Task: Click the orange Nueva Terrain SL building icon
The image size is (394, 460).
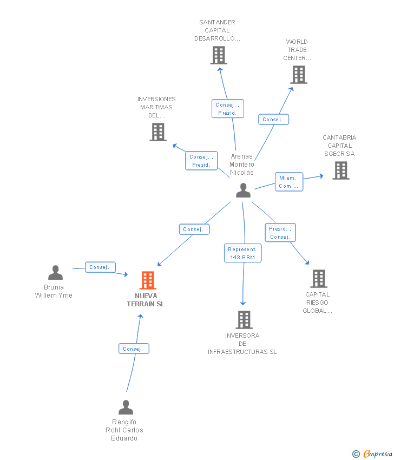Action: (x=148, y=280)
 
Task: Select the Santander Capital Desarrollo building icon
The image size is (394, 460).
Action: (x=219, y=55)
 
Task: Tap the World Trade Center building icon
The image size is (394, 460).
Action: (x=299, y=75)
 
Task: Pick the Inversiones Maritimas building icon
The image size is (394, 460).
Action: (x=158, y=132)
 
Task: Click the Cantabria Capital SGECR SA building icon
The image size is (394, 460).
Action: (x=341, y=170)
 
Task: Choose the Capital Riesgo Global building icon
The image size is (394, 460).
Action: (x=319, y=279)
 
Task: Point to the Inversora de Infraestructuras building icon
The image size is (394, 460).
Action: (x=244, y=320)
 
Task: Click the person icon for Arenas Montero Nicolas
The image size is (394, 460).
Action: (x=244, y=190)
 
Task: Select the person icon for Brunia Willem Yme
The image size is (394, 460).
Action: (x=55, y=273)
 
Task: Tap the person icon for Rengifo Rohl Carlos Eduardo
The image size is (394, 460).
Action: (x=126, y=407)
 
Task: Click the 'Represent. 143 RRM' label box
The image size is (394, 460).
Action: (x=242, y=253)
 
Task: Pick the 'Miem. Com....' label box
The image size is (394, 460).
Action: (x=288, y=182)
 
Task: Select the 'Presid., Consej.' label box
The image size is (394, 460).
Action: (x=280, y=233)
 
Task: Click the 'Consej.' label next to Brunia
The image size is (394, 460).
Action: (x=100, y=267)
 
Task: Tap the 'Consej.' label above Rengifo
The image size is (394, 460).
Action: (x=133, y=349)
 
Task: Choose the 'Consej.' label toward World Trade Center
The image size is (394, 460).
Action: (x=273, y=120)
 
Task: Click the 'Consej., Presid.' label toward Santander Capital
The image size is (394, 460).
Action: (x=227, y=109)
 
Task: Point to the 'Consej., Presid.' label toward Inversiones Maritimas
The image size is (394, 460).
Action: (x=201, y=161)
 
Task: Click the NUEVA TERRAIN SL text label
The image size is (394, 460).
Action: (x=146, y=300)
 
